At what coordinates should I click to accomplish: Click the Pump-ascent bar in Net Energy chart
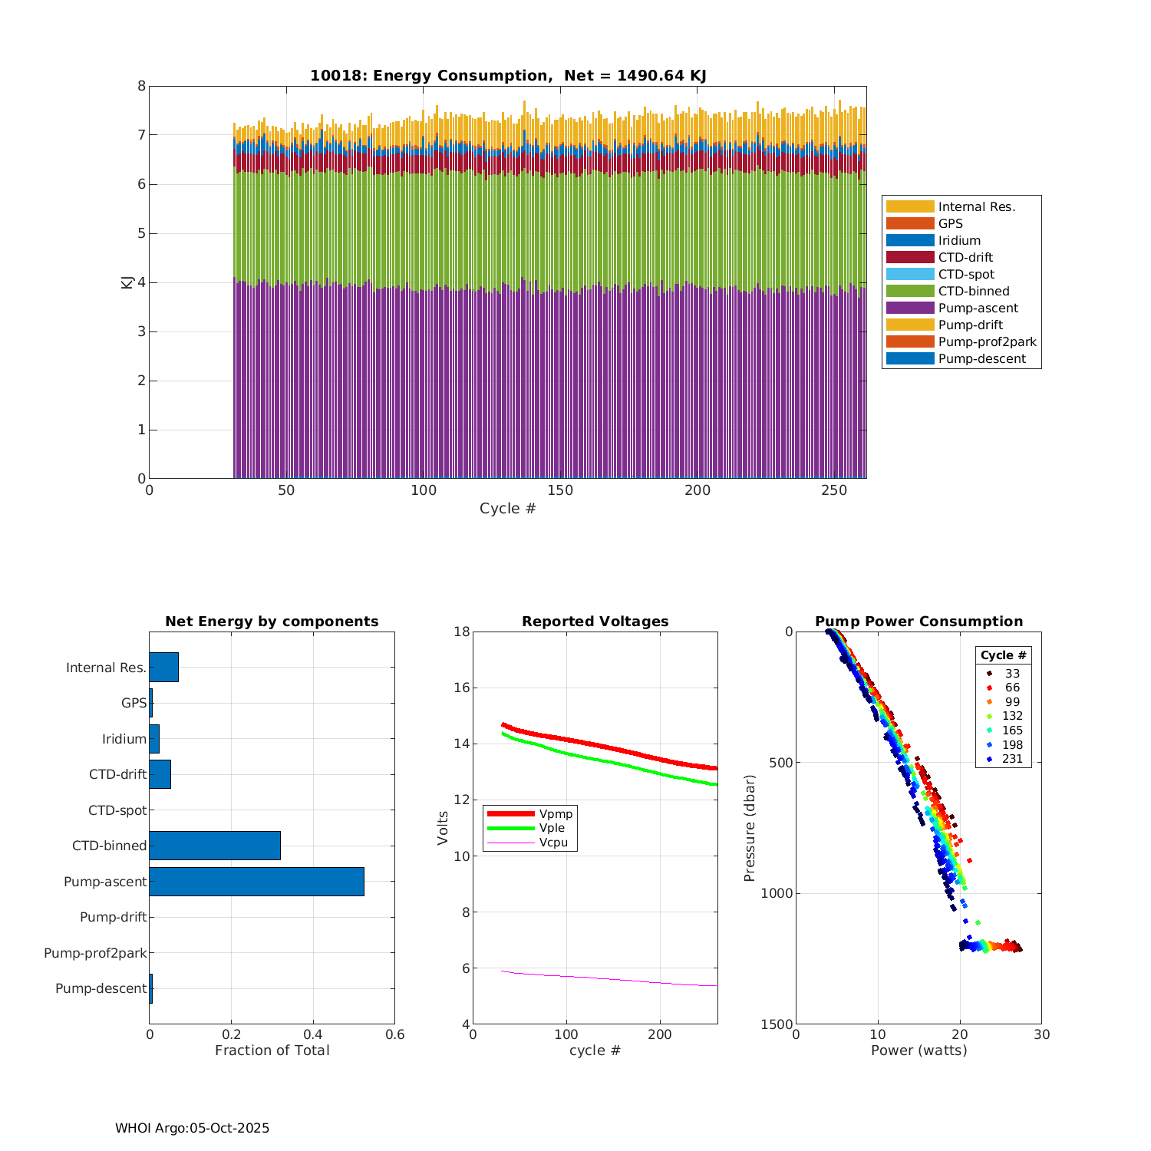tap(256, 882)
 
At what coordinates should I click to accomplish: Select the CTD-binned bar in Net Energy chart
tap(215, 846)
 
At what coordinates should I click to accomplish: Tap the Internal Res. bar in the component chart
tap(163, 668)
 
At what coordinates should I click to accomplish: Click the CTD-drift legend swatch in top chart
tap(910, 257)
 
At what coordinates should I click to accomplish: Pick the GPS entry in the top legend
tap(950, 223)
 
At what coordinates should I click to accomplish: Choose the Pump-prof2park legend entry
tap(987, 341)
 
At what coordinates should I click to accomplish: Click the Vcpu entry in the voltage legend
tap(552, 843)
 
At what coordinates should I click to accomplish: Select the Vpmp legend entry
tap(556, 813)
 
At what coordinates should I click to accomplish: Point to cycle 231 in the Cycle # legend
tap(1012, 759)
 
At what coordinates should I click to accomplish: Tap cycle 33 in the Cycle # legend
tap(1012, 674)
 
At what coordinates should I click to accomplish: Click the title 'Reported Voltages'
tap(595, 622)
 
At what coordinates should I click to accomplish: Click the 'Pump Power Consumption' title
tap(918, 622)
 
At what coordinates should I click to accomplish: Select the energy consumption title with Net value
tap(508, 75)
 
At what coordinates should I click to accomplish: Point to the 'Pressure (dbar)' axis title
tap(750, 827)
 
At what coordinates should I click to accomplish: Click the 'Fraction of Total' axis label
tap(272, 1050)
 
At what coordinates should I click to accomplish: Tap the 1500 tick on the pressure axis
tap(777, 1024)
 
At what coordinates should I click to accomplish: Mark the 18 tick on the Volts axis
tap(461, 632)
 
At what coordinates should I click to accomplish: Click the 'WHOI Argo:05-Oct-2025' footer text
tap(192, 1128)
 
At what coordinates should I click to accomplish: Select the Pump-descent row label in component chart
tap(101, 988)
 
